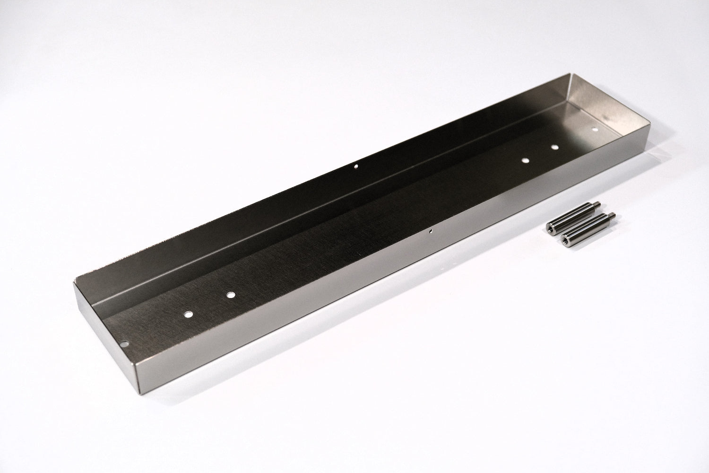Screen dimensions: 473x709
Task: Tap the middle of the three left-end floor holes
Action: [189, 314]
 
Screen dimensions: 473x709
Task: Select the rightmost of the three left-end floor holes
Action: [230, 295]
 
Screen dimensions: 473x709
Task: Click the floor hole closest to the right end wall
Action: [595, 129]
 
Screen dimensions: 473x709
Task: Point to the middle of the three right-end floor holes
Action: [555, 148]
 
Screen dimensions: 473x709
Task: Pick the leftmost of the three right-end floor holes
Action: [525, 161]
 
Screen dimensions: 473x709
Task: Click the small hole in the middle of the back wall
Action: [356, 166]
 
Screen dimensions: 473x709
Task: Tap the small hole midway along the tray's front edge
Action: [431, 232]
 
